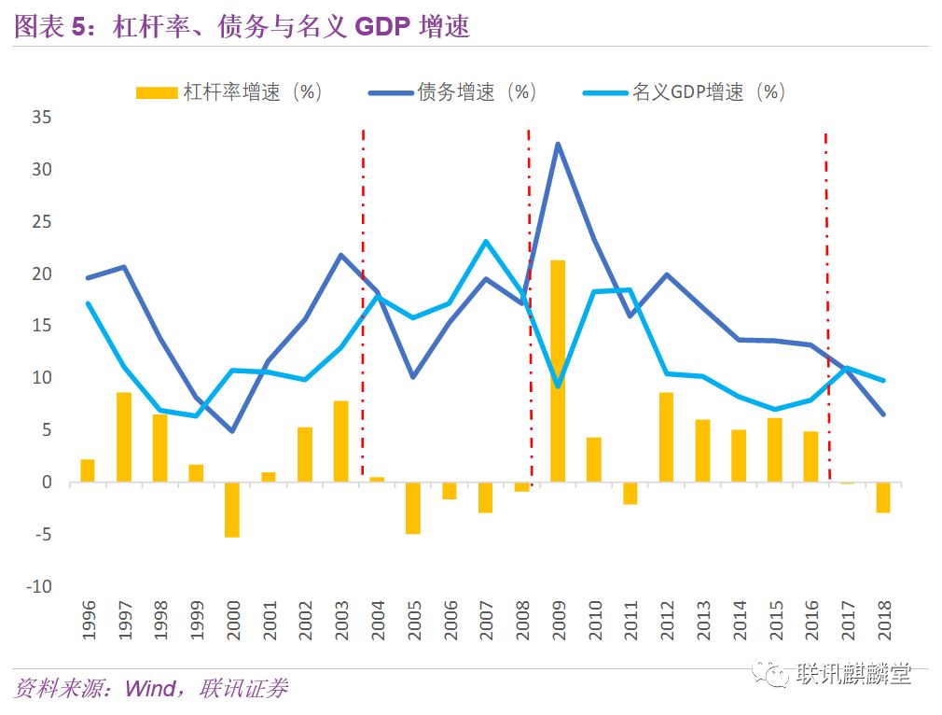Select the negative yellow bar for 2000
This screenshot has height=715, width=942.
pyautogui.click(x=231, y=509)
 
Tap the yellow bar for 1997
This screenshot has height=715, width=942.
pyautogui.click(x=123, y=437)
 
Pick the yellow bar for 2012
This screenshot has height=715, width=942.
pyautogui.click(x=666, y=437)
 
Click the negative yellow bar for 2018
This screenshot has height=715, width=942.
pyautogui.click(x=882, y=498)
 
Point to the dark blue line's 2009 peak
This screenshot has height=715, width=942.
pyautogui.click(x=558, y=144)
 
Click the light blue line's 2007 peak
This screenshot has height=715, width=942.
pyautogui.click(x=486, y=242)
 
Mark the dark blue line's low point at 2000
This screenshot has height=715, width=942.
pyautogui.click(x=231, y=430)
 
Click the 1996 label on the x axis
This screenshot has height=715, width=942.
pyautogui.click(x=89, y=619)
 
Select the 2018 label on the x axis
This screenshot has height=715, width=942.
pyautogui.click(x=882, y=619)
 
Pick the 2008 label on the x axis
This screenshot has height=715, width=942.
pyautogui.click(x=522, y=619)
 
